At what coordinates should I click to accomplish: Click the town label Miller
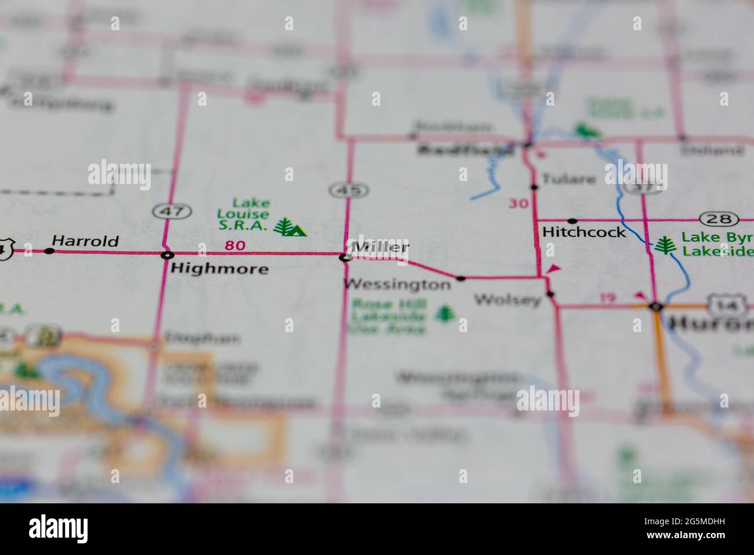[x=380, y=247]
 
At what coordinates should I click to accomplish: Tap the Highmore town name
[x=219, y=268]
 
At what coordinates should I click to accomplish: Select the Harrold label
[x=85, y=240]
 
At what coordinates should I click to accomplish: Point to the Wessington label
[x=397, y=284]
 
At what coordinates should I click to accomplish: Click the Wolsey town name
[x=507, y=300]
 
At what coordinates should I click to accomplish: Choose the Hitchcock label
[x=584, y=232]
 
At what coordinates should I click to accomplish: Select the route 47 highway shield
[x=172, y=211]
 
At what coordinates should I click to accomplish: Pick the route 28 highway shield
[x=719, y=219]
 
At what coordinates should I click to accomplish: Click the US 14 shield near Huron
[x=717, y=304]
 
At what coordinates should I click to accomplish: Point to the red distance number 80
[x=235, y=246]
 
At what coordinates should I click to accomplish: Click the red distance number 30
[x=519, y=203]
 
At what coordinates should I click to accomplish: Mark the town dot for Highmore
[x=167, y=254]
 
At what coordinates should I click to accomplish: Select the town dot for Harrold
[x=49, y=251]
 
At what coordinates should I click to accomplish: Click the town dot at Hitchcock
[x=572, y=221]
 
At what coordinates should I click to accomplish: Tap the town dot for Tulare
[x=534, y=187]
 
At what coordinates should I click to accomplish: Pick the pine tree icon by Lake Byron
[x=664, y=245]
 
